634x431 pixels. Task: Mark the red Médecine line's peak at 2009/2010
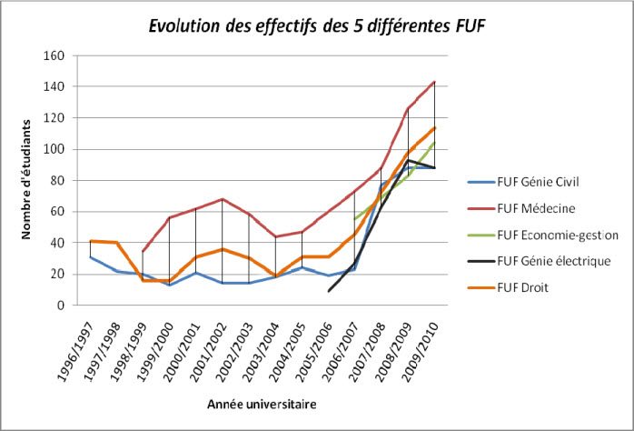[x=435, y=82]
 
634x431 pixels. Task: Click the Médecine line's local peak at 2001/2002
[x=223, y=199]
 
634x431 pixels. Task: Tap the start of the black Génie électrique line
[x=329, y=291]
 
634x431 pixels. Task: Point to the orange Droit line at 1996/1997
[x=90, y=241]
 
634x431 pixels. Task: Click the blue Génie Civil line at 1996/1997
[x=90, y=256]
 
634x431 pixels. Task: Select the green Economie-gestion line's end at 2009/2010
[x=435, y=143]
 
